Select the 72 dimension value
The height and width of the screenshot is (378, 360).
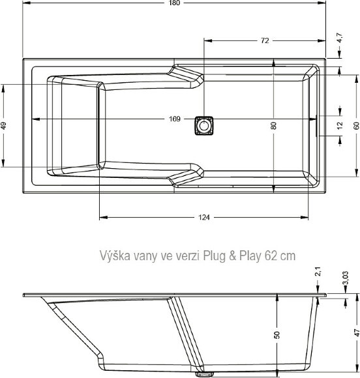coord(264,40)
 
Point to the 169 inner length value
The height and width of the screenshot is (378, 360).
coord(174,119)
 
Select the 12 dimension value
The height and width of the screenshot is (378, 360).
coord(339,125)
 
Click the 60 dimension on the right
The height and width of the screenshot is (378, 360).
coord(356,125)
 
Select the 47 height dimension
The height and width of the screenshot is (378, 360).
coord(356,332)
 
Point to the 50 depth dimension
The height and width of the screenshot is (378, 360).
coord(277,334)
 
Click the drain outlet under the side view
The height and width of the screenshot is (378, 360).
coord(205,373)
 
